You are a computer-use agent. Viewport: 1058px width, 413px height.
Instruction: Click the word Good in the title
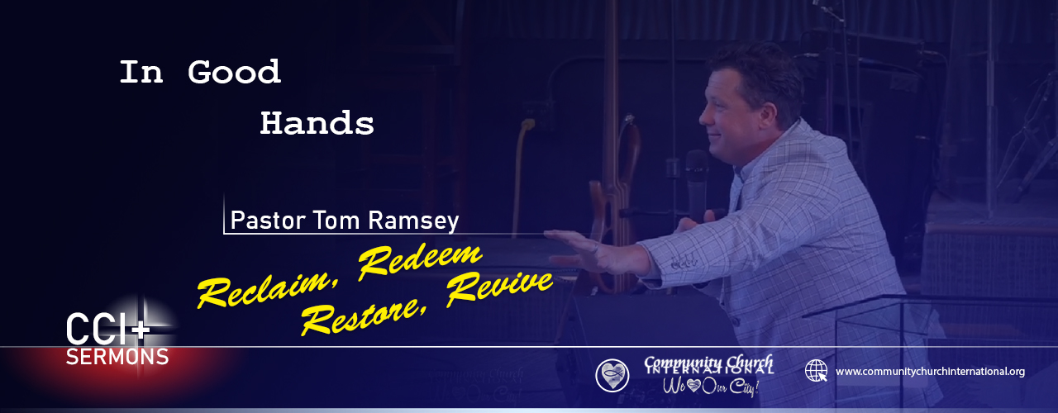[234, 72]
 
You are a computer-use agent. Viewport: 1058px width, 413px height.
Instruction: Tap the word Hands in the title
[317, 123]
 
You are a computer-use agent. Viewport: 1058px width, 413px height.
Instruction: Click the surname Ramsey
[413, 221]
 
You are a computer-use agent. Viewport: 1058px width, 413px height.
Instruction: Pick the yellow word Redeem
[420, 261]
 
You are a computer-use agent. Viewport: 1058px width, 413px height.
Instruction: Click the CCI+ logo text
[107, 329]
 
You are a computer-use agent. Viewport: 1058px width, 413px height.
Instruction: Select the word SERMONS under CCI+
[117, 357]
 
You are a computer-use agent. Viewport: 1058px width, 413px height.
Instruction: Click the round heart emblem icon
[612, 376]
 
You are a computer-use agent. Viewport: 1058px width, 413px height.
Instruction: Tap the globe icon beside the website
[816, 371]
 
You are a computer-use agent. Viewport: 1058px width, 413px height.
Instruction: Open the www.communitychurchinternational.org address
[930, 372]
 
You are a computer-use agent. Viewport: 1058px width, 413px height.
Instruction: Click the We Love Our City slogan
[710, 387]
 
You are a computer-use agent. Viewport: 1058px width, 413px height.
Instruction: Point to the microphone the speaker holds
[697, 184]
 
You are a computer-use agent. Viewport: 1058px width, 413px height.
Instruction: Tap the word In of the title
[141, 72]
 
